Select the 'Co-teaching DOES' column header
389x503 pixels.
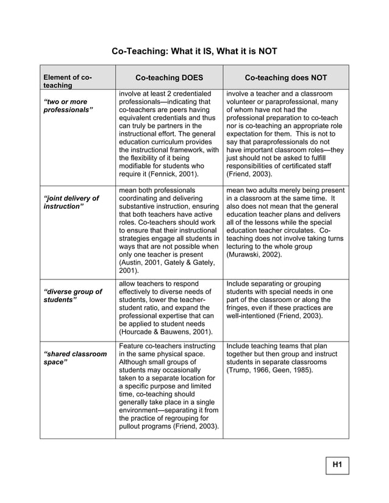169,78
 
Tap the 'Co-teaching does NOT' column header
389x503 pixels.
285,78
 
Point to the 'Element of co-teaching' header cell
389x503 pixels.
68,82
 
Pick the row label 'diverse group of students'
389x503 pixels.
73,295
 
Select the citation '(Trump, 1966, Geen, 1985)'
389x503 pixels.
269,370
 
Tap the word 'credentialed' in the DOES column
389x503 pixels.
191,94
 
